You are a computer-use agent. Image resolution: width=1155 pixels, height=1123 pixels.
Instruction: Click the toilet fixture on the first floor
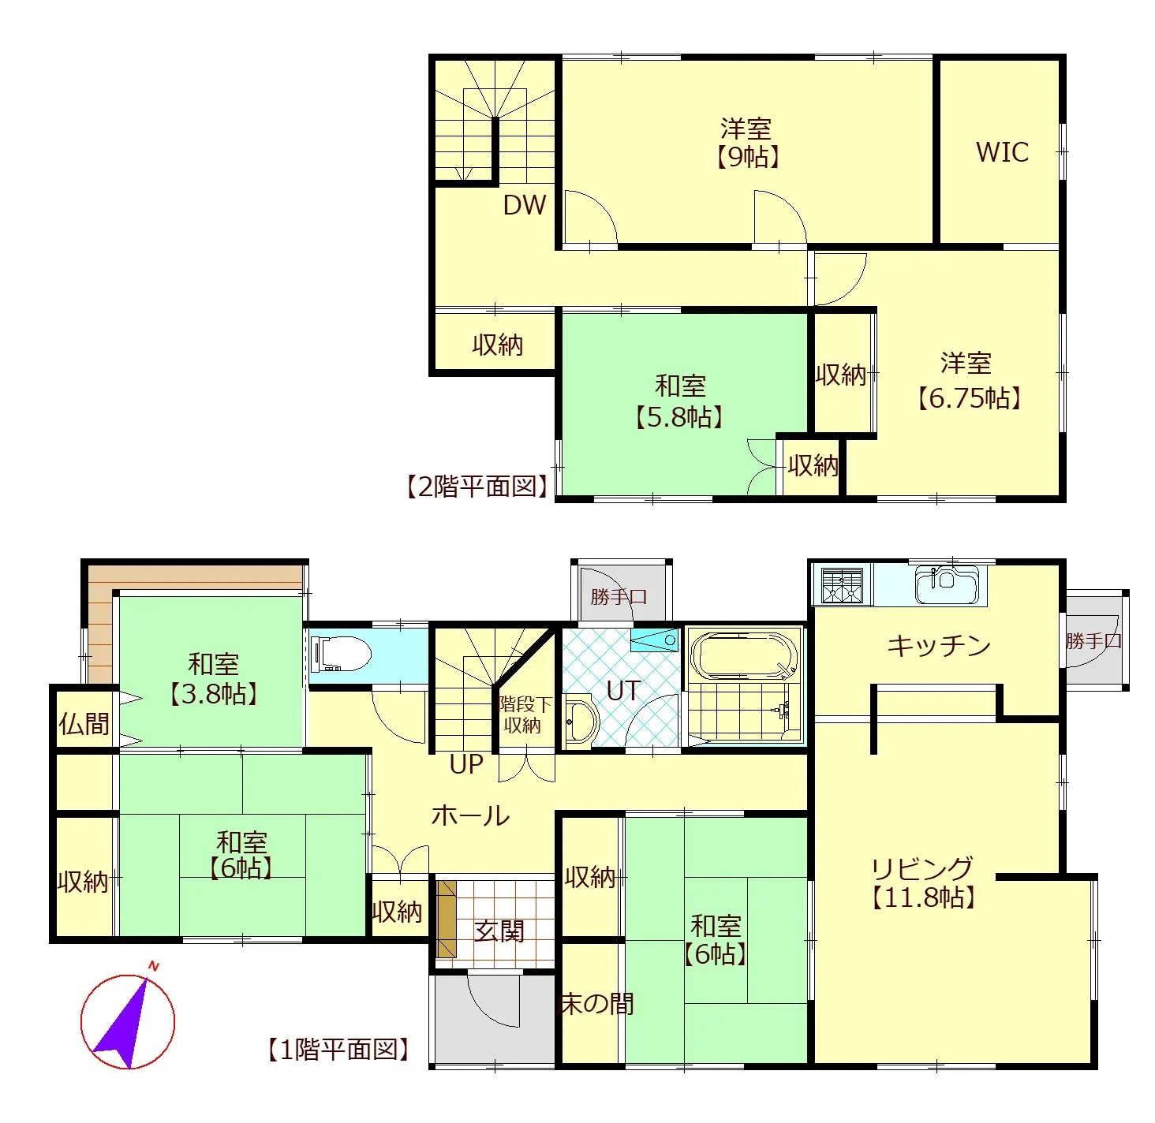[x=342, y=654]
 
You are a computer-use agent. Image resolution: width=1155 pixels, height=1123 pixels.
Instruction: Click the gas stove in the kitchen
[x=842, y=585]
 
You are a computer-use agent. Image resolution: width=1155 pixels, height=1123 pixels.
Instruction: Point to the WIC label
[x=1002, y=152]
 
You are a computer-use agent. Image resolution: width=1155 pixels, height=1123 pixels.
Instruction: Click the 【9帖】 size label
[x=747, y=157]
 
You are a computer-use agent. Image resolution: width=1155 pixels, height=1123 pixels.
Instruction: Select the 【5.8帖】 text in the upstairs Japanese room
[x=680, y=417]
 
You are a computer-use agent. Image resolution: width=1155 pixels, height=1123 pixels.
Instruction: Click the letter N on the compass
[x=154, y=966]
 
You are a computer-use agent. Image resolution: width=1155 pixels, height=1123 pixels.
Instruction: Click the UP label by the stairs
[x=466, y=765]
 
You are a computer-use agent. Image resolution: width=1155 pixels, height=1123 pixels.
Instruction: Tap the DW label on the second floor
[x=524, y=205]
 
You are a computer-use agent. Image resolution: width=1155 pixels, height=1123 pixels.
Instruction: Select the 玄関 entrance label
[x=499, y=931]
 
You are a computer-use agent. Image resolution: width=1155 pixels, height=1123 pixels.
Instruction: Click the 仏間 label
[x=84, y=723]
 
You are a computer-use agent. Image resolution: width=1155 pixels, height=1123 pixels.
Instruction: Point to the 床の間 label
[x=597, y=1004]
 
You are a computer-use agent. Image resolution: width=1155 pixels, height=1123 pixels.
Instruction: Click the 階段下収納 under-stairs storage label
[x=525, y=714]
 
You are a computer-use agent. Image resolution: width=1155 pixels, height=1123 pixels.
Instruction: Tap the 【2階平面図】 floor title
[x=477, y=487]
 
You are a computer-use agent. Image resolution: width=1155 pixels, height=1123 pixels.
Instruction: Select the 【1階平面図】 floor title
[x=338, y=1050]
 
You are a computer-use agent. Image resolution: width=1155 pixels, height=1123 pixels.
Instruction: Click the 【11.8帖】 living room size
[x=924, y=897]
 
